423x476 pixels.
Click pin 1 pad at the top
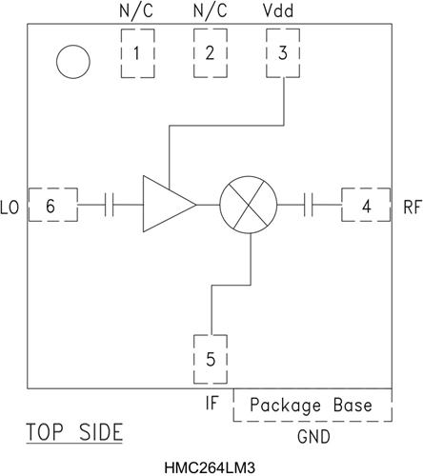(137, 53)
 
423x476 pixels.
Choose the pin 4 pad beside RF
(366, 204)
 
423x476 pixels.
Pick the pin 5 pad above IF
(211, 360)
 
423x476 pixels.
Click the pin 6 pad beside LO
(51, 204)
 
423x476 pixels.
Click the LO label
(11, 205)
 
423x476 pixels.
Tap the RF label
(411, 205)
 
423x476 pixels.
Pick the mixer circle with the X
(248, 204)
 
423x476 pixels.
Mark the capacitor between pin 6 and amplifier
(110, 204)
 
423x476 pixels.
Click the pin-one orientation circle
(73, 62)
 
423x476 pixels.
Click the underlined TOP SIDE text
(74, 432)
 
